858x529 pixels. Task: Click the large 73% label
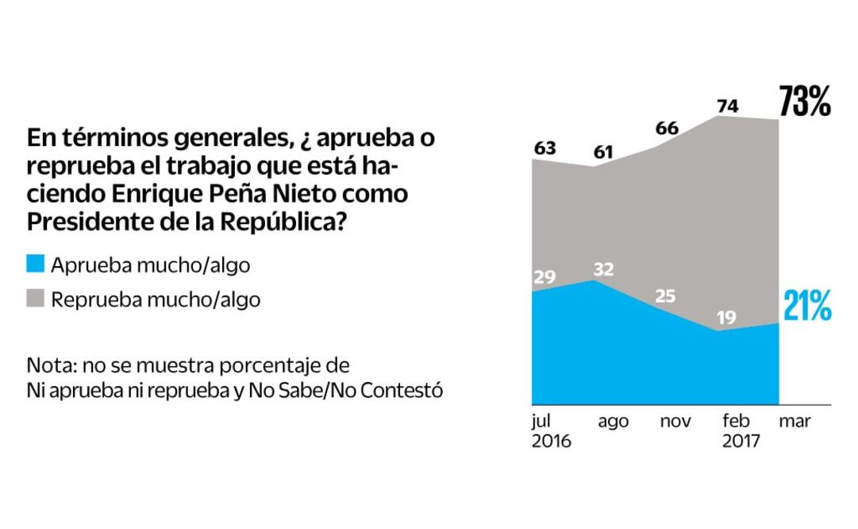[x=804, y=102]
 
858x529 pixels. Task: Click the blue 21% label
[x=806, y=307]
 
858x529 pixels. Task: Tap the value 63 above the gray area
[x=544, y=147]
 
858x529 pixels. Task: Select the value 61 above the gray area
[x=603, y=152]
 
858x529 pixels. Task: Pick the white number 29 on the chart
[x=545, y=277]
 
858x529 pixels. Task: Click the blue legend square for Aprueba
[x=36, y=264]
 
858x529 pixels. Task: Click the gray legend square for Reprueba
[x=36, y=299]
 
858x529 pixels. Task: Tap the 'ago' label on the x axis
[x=613, y=422]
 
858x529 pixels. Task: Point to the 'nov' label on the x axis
[x=675, y=422]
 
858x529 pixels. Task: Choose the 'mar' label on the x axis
[x=795, y=422]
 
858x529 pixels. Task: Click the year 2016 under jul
[x=551, y=442]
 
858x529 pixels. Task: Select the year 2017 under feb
[x=741, y=442]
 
